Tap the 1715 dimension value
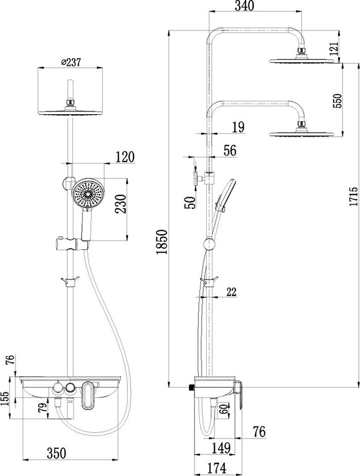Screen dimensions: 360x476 tap(354, 197)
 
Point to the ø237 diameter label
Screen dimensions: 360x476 tap(71, 63)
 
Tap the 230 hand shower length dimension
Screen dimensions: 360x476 tap(121, 204)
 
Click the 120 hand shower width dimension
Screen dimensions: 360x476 tap(124, 157)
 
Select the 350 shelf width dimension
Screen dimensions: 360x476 tap(56, 453)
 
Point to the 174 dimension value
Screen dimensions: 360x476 tap(217, 468)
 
